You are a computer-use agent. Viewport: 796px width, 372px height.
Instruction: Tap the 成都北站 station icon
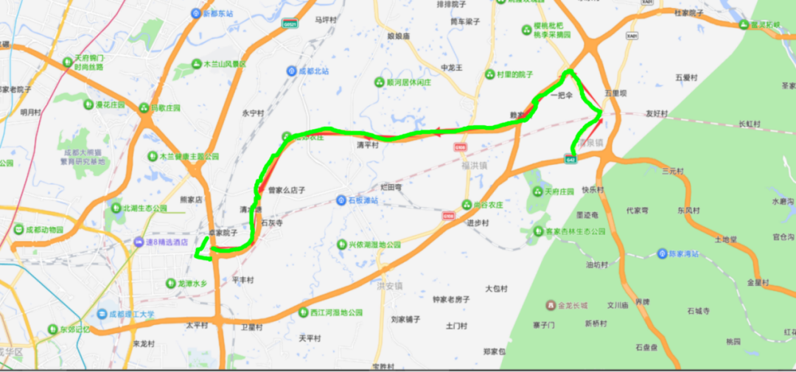coord(292,71)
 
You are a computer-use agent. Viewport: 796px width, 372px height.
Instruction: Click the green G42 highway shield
coord(570,158)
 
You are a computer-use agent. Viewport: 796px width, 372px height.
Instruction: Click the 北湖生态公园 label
coord(144,208)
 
